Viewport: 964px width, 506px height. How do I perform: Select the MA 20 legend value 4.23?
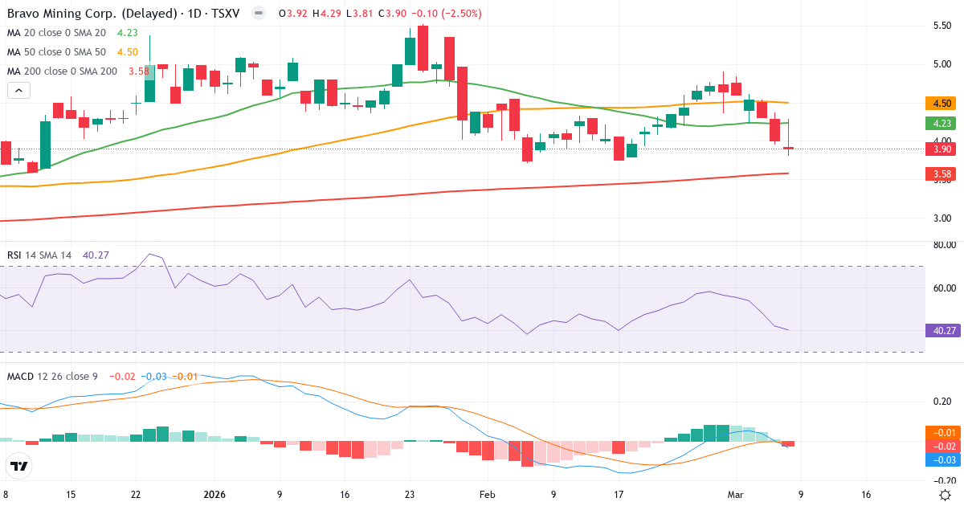[128, 33]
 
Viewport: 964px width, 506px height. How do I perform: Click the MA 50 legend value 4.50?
[128, 52]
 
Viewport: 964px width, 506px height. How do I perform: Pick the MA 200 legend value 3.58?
[138, 71]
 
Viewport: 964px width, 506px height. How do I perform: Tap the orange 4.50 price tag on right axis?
[942, 103]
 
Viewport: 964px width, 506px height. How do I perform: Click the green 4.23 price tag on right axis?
[942, 123]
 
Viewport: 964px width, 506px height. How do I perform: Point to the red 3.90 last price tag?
[942, 149]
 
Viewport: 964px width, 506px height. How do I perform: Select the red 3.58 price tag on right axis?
[942, 173]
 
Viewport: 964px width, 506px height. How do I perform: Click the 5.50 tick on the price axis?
[942, 26]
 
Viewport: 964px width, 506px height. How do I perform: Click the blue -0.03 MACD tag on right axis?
[942, 459]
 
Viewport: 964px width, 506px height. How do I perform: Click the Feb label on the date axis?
[487, 495]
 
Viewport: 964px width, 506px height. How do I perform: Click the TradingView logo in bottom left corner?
[19, 466]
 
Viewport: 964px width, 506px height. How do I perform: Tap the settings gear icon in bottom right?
[946, 495]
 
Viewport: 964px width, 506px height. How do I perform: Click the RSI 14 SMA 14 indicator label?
[39, 255]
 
